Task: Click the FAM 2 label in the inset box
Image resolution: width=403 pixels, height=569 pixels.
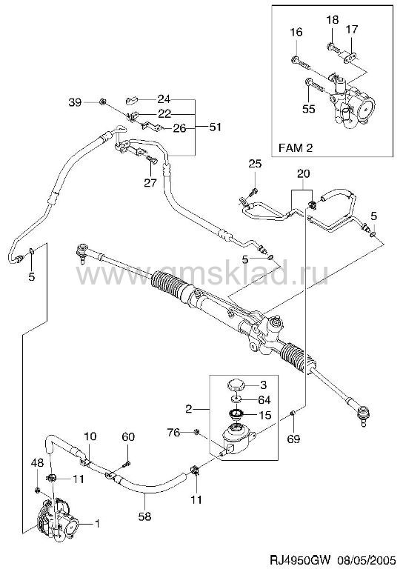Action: click(296, 147)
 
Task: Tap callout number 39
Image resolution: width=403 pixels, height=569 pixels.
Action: click(76, 102)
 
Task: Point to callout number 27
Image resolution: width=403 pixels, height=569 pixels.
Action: click(150, 182)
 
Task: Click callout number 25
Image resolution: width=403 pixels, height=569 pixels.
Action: click(255, 164)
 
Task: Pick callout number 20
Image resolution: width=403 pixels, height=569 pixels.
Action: click(304, 174)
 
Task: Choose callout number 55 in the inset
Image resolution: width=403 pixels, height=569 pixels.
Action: click(309, 109)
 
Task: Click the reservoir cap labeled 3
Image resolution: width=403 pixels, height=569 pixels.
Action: click(236, 385)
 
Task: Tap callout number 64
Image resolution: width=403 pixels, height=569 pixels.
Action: click(264, 400)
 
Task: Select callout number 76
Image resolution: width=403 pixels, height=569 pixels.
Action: click(174, 432)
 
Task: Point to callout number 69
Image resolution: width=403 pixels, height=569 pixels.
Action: click(293, 439)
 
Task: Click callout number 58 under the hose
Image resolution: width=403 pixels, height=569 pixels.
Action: click(144, 516)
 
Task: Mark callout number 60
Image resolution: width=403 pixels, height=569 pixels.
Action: click(127, 437)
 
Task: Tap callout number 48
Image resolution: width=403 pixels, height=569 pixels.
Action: click(37, 462)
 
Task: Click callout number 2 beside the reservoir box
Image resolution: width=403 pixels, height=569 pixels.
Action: click(188, 409)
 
